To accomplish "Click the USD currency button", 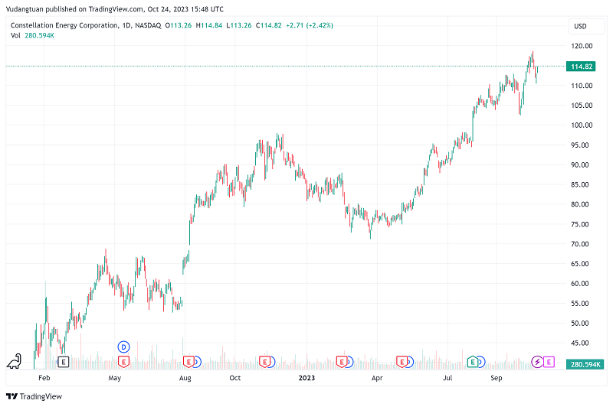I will [579, 27].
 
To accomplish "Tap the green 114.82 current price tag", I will [582, 67].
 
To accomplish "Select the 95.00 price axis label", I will [581, 145].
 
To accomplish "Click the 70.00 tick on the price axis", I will [581, 244].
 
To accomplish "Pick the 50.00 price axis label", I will [581, 324].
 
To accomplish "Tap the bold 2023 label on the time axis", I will [306, 378].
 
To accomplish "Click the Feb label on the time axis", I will [44, 378].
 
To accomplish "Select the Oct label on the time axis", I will [235, 378].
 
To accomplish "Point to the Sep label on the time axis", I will [497, 378].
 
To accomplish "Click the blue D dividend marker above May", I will [123, 347].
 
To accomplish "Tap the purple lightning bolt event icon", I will [537, 361].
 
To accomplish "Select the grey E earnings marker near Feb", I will [64, 361].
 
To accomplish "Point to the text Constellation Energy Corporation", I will [64, 25].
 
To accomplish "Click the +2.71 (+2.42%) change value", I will [309, 25].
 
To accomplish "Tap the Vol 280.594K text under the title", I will [37, 36].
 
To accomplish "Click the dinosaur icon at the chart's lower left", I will [13, 360].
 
